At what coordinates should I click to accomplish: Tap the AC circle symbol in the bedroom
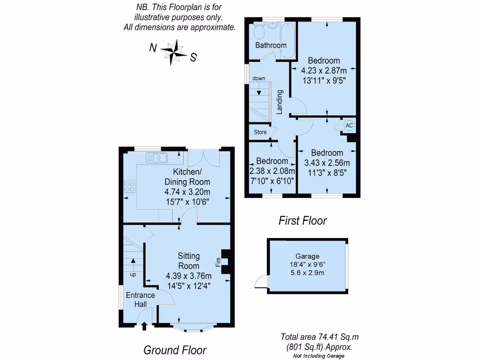(349, 126)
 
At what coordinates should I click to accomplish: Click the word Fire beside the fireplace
(218, 262)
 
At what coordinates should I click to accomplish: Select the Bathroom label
(270, 45)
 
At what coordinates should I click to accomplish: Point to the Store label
(260, 132)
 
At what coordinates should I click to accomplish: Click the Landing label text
(279, 102)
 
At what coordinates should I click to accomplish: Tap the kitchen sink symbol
(157, 158)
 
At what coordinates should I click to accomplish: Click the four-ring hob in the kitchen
(130, 186)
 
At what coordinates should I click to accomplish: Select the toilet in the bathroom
(258, 32)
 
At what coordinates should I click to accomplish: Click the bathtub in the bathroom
(287, 39)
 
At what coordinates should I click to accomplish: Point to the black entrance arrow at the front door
(144, 325)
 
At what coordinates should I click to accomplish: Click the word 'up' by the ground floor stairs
(133, 275)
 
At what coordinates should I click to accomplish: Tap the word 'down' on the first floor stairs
(259, 78)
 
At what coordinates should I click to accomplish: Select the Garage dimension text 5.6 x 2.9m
(307, 272)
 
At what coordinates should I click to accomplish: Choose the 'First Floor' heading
(302, 220)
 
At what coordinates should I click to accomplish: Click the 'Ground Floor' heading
(174, 350)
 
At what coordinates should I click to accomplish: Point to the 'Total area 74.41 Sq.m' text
(320, 337)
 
